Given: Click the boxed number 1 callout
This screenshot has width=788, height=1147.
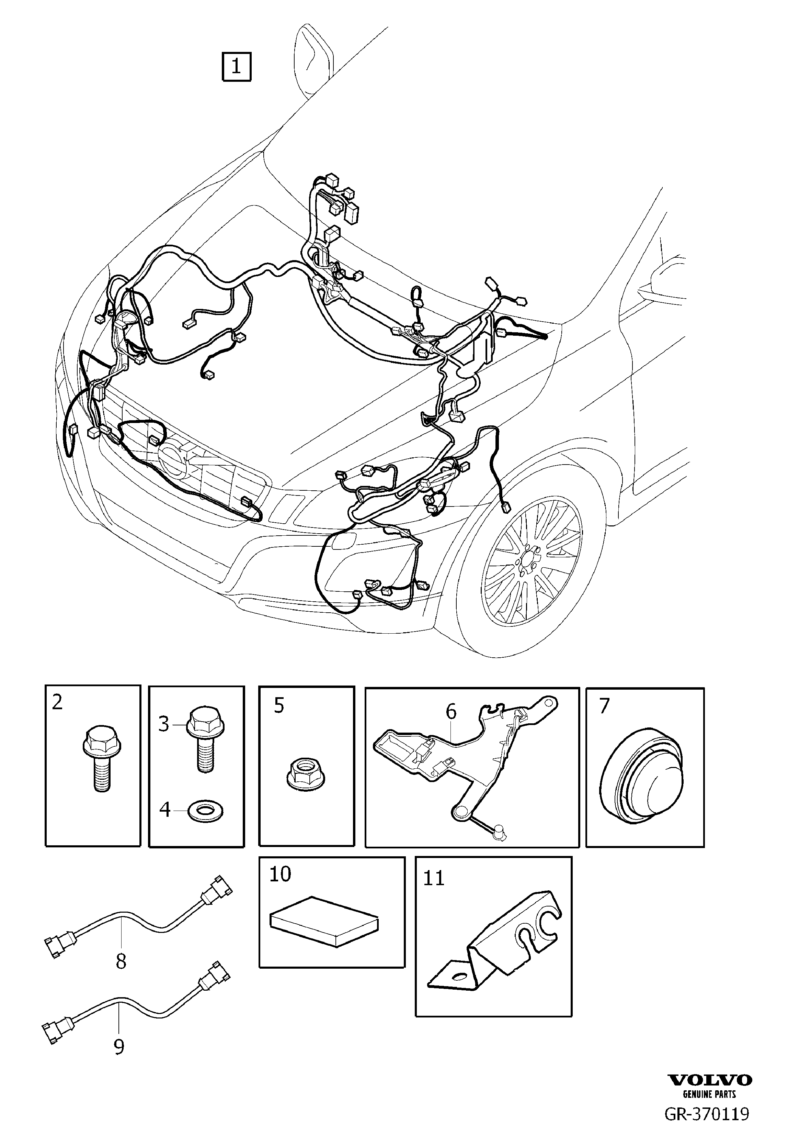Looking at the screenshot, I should (236, 66).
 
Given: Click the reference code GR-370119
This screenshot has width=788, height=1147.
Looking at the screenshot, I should (707, 1128).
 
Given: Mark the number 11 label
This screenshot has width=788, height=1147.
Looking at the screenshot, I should (434, 878).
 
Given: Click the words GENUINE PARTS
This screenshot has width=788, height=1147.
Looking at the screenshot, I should (709, 1109).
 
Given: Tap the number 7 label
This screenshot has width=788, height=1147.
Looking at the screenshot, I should (604, 707).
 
